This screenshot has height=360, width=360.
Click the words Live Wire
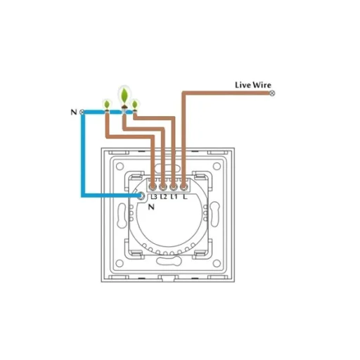point(253,85)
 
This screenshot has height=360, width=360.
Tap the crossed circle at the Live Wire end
point(272,94)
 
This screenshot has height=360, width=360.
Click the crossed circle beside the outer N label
point(82,112)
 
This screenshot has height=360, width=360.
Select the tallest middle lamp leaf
point(124,95)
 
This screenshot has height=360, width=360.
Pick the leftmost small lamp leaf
point(107,104)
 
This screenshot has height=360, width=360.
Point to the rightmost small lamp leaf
point(135,104)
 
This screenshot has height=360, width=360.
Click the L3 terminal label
point(154,197)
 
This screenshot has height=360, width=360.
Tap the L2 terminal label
point(164,197)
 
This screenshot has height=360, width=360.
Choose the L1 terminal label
point(174,197)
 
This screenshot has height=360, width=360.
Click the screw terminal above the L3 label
point(153,187)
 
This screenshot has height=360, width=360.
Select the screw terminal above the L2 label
point(163,187)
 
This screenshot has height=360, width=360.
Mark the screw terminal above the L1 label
point(173,187)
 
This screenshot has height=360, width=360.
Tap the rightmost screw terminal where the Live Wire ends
point(184,187)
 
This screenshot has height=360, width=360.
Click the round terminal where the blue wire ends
point(141,195)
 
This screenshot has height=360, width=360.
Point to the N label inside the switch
point(151,207)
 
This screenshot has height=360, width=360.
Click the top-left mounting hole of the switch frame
point(120,166)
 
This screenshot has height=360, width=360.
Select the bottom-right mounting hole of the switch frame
point(217,263)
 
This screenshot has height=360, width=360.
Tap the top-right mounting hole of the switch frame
point(217,166)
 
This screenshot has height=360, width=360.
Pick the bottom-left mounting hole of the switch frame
point(120,263)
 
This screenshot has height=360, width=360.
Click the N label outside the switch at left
point(74,112)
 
